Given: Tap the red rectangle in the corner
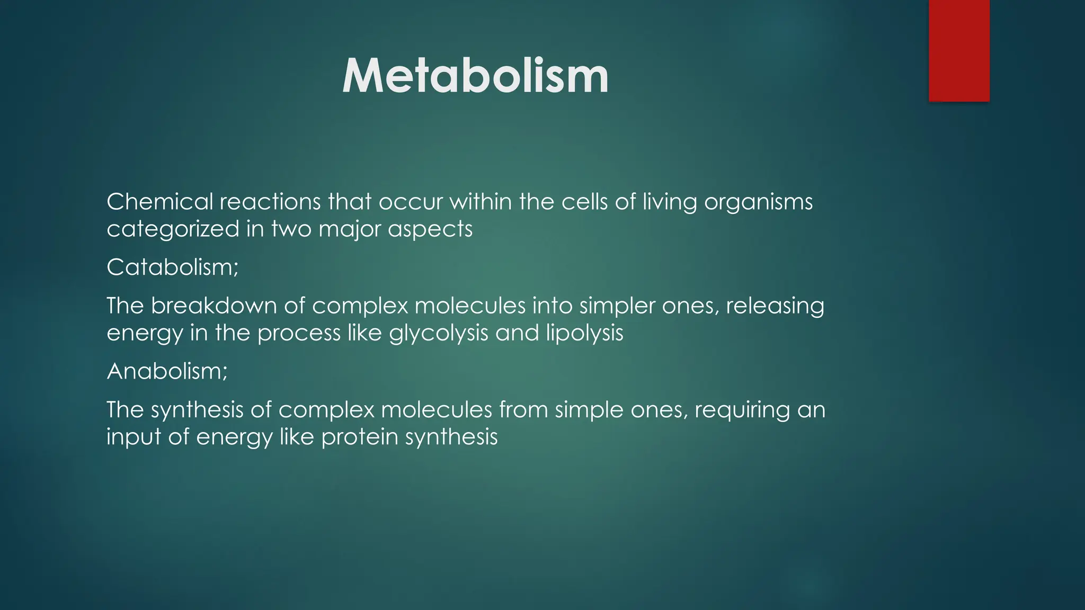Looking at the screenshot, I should tap(959, 50).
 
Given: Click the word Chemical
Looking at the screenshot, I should tap(159, 202).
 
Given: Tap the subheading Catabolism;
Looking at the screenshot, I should tap(173, 267).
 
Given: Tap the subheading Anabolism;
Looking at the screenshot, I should tap(167, 371).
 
